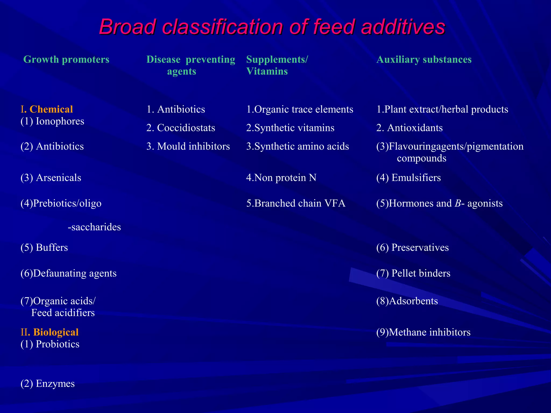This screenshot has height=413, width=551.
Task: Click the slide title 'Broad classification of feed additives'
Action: coord(272,27)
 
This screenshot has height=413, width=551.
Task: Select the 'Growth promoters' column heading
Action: coord(66,59)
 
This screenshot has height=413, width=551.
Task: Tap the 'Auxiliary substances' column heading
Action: coord(424,59)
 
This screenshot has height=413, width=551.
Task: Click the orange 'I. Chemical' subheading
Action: coord(47,109)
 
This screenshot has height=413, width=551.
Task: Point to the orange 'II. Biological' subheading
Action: coord(50,332)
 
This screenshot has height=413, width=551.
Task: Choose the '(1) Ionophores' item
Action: coord(52,121)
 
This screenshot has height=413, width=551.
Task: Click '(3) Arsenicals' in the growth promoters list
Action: coord(51,178)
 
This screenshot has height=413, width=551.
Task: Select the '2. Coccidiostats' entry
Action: coord(181,128)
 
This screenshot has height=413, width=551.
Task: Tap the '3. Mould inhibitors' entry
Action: coord(188,146)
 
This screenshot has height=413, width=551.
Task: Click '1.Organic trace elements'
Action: coord(300,109)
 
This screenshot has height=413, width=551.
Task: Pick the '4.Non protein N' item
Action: coord(281,178)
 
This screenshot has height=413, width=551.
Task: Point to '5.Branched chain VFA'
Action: coord(296,203)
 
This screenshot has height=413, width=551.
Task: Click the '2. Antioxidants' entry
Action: coord(409,128)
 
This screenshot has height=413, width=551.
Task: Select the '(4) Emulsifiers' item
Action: coord(408,178)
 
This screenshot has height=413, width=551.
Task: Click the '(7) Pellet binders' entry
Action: coord(413,273)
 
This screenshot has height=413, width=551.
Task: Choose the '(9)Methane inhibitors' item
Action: coord(423,332)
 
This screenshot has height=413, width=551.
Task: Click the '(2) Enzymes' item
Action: coord(48,383)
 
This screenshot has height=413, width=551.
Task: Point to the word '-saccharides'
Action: coord(94,227)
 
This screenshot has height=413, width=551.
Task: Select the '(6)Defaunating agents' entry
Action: coord(69,273)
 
